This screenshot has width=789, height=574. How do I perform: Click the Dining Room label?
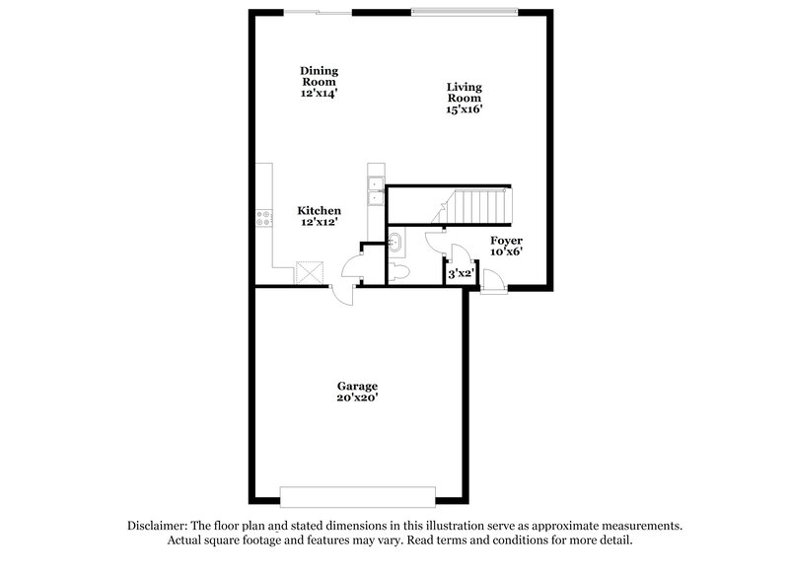coord(320,70)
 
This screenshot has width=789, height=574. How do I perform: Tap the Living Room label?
coord(464,93)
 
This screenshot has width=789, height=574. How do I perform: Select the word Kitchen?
coord(320,211)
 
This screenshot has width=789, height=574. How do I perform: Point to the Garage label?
coord(356,386)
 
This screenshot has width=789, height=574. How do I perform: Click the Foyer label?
coord(506,241)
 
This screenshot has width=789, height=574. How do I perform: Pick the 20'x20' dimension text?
coord(356,397)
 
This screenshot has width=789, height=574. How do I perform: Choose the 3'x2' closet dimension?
coord(462,274)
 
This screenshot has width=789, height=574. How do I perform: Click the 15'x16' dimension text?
coord(464,110)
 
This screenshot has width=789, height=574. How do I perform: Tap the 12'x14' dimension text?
coord(320,94)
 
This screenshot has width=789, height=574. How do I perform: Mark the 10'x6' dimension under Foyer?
coord(506,252)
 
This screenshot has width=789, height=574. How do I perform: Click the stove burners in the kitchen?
coord(263,219)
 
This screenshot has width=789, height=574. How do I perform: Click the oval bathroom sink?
coord(394,242)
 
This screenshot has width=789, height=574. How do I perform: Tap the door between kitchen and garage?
coord(343,292)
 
